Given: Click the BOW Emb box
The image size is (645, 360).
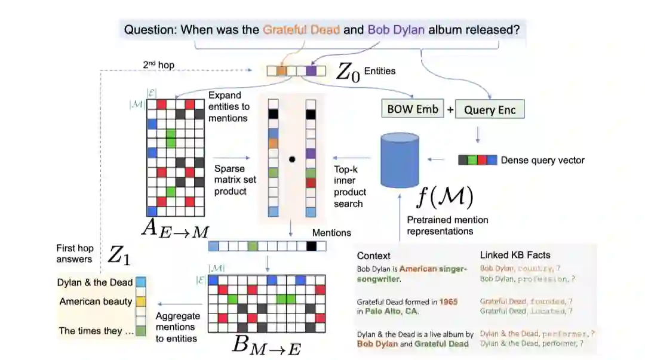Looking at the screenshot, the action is pyautogui.click(x=413, y=109).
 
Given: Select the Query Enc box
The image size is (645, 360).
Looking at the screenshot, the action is pyautogui.click(x=490, y=110).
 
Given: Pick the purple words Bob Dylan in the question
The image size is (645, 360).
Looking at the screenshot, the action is pyautogui.click(x=396, y=29).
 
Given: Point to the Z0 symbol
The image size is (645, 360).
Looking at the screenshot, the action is pyautogui.click(x=348, y=72).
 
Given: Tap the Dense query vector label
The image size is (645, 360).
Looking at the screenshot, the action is pyautogui.click(x=542, y=160).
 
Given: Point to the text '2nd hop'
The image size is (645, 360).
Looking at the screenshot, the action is pyautogui.click(x=159, y=64).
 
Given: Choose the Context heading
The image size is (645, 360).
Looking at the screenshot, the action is pyautogui.click(x=373, y=256).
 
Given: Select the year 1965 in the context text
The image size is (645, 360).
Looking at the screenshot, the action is pyautogui.click(x=448, y=302).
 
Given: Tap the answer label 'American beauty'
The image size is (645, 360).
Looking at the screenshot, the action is pyautogui.click(x=96, y=301).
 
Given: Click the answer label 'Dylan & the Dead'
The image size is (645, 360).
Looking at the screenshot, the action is pyautogui.click(x=95, y=282).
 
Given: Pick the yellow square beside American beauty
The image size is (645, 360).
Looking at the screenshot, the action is pyautogui.click(x=141, y=301).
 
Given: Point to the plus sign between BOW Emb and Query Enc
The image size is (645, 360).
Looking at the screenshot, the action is pyautogui.click(x=450, y=110).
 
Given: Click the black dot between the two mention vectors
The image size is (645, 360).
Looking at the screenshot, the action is pyautogui.click(x=292, y=159).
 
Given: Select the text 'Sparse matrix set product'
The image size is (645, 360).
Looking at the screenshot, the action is pyautogui.click(x=231, y=180).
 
